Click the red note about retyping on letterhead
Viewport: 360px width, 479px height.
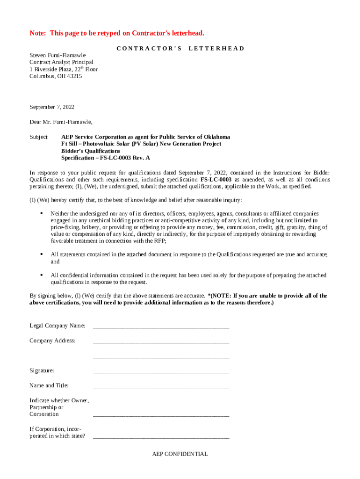(x=117, y=33)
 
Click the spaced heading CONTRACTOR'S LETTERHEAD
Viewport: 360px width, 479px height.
(x=180, y=48)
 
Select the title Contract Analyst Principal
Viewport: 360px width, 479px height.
(x=61, y=62)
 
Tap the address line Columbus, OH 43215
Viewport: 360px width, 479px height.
(x=56, y=76)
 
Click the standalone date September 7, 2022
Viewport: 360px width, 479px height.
(x=52, y=107)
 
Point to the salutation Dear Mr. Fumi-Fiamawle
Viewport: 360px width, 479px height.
(x=61, y=122)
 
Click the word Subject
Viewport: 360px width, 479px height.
(x=38, y=137)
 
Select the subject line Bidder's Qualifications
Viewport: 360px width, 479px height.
(x=91, y=151)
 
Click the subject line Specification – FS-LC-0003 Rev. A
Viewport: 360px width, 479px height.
(x=106, y=158)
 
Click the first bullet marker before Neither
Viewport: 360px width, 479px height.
(x=41, y=213)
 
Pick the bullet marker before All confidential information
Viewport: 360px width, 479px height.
(x=41, y=275)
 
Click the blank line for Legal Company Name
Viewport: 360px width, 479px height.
(x=161, y=327)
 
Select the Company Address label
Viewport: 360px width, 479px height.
(x=52, y=341)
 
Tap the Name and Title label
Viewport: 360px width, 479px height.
(x=49, y=385)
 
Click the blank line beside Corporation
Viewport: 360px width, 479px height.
(x=161, y=415)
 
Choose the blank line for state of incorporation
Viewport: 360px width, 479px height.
(x=161, y=437)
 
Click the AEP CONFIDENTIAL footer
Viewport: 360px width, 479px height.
(x=180, y=454)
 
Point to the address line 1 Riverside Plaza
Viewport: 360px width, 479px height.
(x=64, y=69)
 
